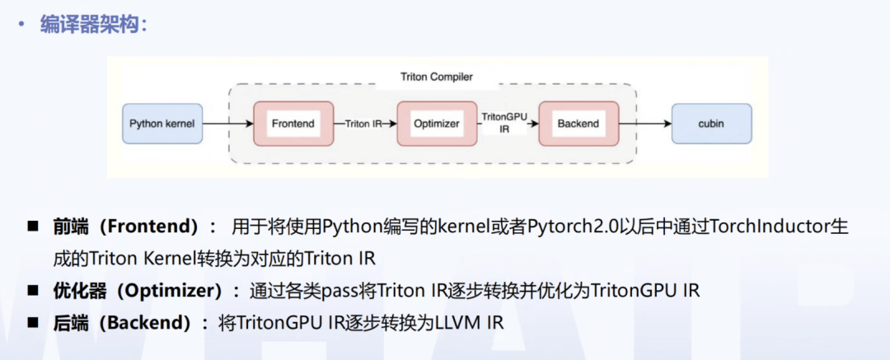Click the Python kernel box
click(162, 124)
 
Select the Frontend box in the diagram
click(293, 124)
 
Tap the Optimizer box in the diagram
click(437, 124)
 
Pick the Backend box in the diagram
click(578, 124)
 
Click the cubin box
click(711, 124)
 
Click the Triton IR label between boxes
click(363, 124)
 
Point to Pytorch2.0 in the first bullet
click(578, 226)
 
